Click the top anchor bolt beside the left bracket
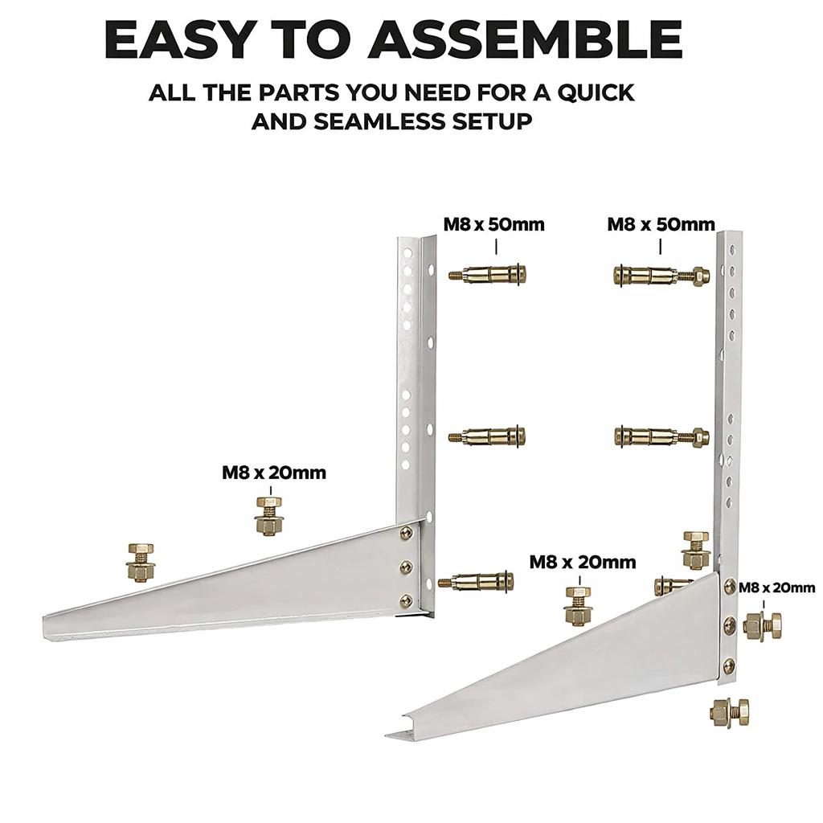tap(488, 273)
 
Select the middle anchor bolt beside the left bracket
tap(488, 436)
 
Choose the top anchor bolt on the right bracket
tap(661, 276)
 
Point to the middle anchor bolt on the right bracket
tap(661, 436)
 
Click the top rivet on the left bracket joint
tap(406, 532)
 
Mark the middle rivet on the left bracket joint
tap(406, 567)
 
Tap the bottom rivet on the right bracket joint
tap(728, 665)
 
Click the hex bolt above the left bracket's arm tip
tap(140, 562)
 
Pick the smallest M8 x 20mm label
tap(776, 588)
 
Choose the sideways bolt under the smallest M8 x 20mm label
tap(763, 625)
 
